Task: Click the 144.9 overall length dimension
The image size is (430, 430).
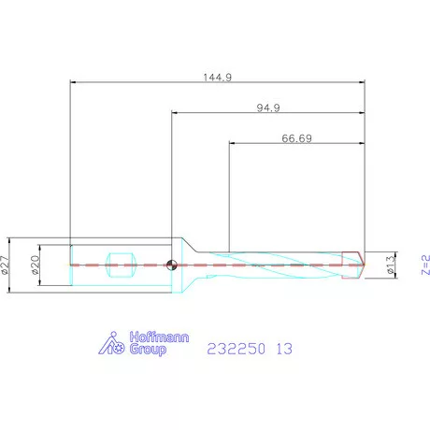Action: point(218,77)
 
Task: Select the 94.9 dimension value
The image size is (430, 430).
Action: point(268,107)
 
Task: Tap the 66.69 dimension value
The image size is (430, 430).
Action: point(296,138)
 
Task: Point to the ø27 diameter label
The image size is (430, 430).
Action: point(5,265)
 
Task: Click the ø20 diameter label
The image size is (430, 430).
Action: point(36,265)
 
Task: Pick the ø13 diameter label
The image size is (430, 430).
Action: point(391,265)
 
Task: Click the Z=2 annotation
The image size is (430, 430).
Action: point(425,265)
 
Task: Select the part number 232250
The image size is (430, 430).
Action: point(236,349)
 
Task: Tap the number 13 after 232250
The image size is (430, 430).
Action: point(284,349)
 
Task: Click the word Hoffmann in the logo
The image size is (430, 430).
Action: point(159,337)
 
